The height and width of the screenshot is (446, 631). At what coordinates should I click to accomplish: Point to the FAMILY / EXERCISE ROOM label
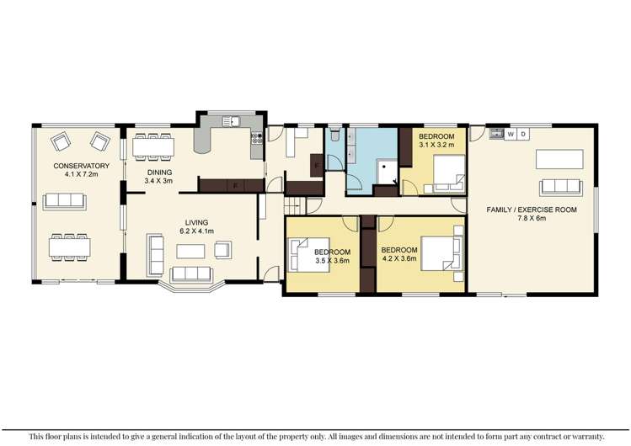(x=532, y=209)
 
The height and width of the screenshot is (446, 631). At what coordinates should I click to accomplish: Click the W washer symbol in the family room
(x=511, y=133)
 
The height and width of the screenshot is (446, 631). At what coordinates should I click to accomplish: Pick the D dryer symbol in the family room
(x=523, y=133)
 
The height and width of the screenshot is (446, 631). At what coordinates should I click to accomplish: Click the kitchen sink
(x=231, y=123)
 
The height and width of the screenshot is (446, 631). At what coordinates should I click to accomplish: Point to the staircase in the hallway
(x=293, y=204)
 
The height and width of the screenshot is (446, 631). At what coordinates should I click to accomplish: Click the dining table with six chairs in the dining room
(x=153, y=147)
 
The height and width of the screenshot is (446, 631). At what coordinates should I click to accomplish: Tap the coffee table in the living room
(x=191, y=250)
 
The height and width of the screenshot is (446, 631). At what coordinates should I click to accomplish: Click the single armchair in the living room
(x=223, y=248)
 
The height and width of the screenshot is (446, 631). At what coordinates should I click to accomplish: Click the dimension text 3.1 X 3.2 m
(x=442, y=145)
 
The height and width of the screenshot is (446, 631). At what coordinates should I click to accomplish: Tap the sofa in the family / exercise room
(x=559, y=186)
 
